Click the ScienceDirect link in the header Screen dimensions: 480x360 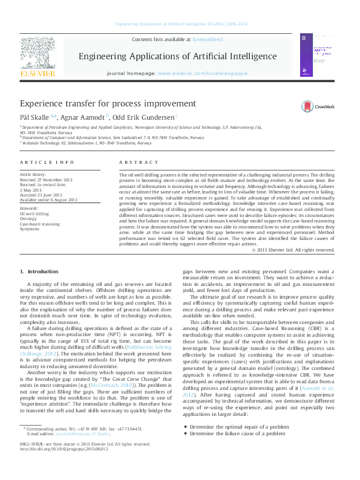click(x=208, y=39)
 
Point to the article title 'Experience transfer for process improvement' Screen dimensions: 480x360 click(x=108, y=103)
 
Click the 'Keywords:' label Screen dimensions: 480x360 click(x=28, y=208)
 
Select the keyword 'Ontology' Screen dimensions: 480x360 click(x=29, y=218)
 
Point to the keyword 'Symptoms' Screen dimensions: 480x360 click(x=30, y=229)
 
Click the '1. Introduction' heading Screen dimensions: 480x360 click(x=39, y=273)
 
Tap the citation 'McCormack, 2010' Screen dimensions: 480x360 click(x=111, y=368)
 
